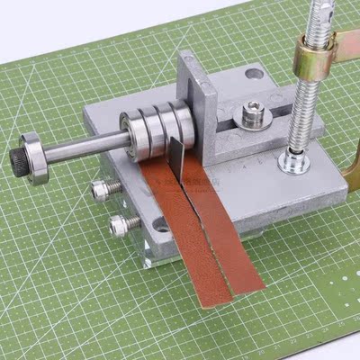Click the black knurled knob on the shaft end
pos(17,158)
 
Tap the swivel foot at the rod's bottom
pos(293,161)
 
